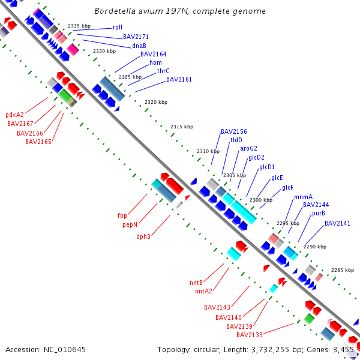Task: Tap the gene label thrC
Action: pyautogui.click(x=163, y=71)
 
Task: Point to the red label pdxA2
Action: pyautogui.click(x=15, y=115)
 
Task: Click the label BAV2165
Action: pyautogui.click(x=38, y=142)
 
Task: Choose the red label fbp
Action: pyautogui.click(x=122, y=215)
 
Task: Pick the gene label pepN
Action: pyautogui.click(x=130, y=224)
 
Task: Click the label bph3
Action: pyautogui.click(x=143, y=236)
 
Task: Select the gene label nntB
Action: pyautogui.click(x=196, y=283)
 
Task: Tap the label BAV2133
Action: pyautogui.click(x=249, y=335)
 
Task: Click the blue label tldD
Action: pyautogui.click(x=236, y=140)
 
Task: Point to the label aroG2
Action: pyautogui.click(x=248, y=148)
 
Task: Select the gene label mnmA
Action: pyautogui.click(x=303, y=197)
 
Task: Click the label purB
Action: pyautogui.click(x=319, y=213)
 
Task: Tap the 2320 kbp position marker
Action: pyautogui.click(x=156, y=102)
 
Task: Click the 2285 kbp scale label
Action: pyautogui.click(x=342, y=270)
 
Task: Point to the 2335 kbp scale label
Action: pyautogui.click(x=79, y=26)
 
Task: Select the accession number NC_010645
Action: pyautogui.click(x=68, y=349)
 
